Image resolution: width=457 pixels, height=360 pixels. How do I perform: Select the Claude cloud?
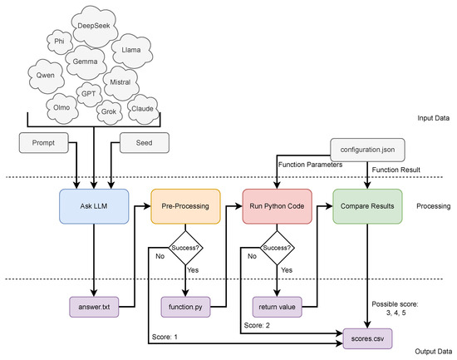(x=143, y=109)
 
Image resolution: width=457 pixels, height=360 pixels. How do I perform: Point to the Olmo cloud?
(x=61, y=108)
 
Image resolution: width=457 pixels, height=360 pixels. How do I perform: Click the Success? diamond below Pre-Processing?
(x=184, y=248)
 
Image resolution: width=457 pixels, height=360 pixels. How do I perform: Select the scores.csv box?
(x=366, y=339)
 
